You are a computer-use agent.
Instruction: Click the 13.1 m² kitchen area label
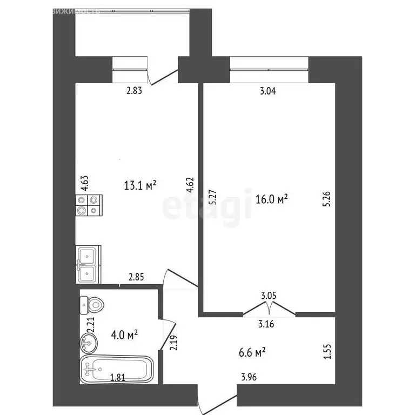pyautogui.click(x=140, y=186)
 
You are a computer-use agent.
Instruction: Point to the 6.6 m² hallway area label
pyautogui.click(x=252, y=352)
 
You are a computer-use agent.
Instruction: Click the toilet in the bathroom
pyautogui.click(x=91, y=305)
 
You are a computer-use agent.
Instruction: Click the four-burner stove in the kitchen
pyautogui.click(x=88, y=206)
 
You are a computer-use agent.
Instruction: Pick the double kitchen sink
pyautogui.click(x=88, y=264)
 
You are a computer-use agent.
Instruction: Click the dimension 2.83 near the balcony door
pyautogui.click(x=134, y=91)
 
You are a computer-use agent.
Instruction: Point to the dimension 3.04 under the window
pyautogui.click(x=268, y=91)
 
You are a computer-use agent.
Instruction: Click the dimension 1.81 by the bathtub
pyautogui.click(x=119, y=378)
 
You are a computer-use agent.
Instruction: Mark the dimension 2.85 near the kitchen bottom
pyautogui.click(x=136, y=278)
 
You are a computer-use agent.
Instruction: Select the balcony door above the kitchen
pyautogui.click(x=164, y=75)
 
